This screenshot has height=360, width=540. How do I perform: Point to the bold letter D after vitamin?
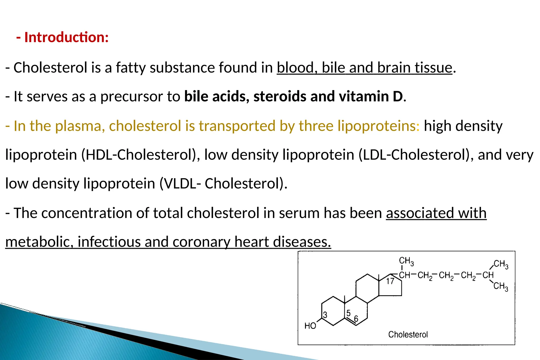[x=398, y=96]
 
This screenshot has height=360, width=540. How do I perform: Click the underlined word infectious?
[x=109, y=242]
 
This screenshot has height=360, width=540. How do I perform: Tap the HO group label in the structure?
[x=310, y=326]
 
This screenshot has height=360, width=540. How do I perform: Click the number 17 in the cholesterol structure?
[x=390, y=281]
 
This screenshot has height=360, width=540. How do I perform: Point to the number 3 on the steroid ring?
[x=325, y=315]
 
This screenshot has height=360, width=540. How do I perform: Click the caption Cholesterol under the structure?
[x=408, y=335]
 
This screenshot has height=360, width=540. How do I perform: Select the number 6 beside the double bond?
[x=356, y=319]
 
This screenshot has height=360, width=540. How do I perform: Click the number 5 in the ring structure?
[x=348, y=313]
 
